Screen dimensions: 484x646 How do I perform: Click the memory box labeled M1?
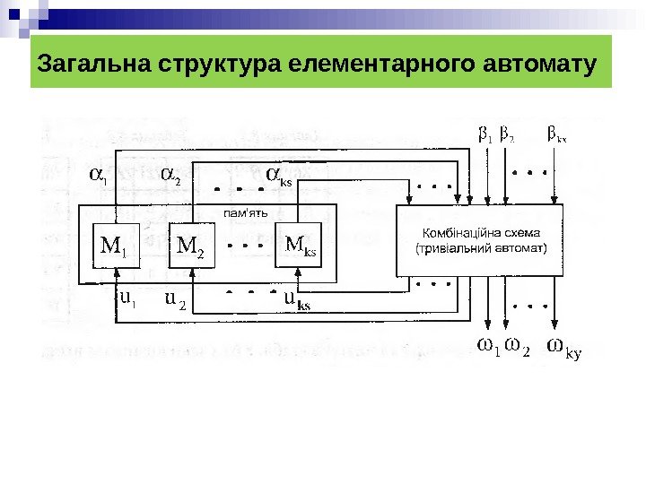coord(114,246)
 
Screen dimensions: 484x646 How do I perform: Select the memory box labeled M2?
coord(192,246)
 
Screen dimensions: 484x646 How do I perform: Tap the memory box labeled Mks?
coord(301,245)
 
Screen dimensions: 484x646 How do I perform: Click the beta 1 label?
coord(486,136)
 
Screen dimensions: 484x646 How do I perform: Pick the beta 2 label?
coord(507,136)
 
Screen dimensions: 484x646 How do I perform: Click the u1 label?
coord(127,298)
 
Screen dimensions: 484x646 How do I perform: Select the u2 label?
coord(176,299)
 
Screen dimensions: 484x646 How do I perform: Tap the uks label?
coord(297,299)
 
